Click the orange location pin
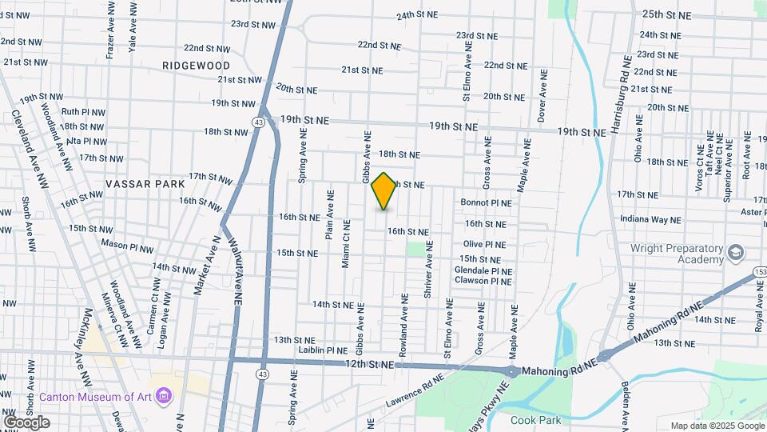[x=384, y=190]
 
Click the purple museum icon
[x=165, y=396]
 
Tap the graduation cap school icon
[x=733, y=254]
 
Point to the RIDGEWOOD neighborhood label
[x=196, y=66]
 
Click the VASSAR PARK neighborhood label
[x=145, y=184]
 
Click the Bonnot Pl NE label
[x=486, y=203]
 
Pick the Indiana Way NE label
[x=651, y=219]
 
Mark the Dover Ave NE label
[x=542, y=94]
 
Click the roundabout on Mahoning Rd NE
[x=511, y=371]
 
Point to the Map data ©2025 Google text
[x=717, y=426]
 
